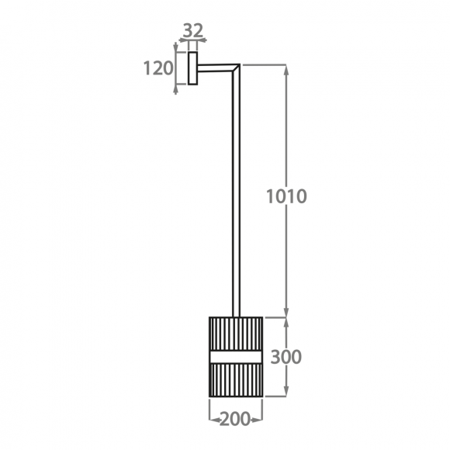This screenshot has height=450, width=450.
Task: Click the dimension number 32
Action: click(x=193, y=30)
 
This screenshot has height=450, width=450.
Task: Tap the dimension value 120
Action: click(x=158, y=68)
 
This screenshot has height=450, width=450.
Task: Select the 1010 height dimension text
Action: click(x=287, y=196)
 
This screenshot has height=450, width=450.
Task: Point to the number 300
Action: click(x=286, y=357)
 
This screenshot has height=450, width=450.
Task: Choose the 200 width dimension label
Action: click(x=235, y=419)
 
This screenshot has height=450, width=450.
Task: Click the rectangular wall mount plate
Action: click(x=193, y=68)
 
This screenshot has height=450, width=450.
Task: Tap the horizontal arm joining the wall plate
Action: click(x=215, y=67)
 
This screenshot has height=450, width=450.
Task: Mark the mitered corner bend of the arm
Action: click(x=236, y=67)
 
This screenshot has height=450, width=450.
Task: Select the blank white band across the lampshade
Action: click(x=236, y=357)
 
